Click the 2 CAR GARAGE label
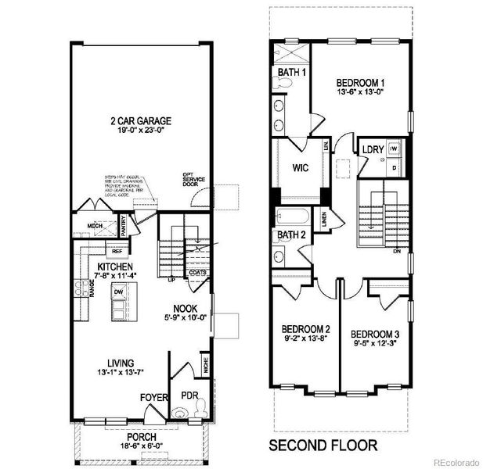[x=141, y=121]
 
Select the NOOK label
[x=184, y=308]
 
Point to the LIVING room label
[x=121, y=363]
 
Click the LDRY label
[x=371, y=149]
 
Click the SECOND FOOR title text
[x=323, y=446]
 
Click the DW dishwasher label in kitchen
[x=117, y=292]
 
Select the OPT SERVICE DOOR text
[x=193, y=181]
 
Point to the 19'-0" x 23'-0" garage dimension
[x=141, y=132]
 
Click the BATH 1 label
[x=289, y=72]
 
